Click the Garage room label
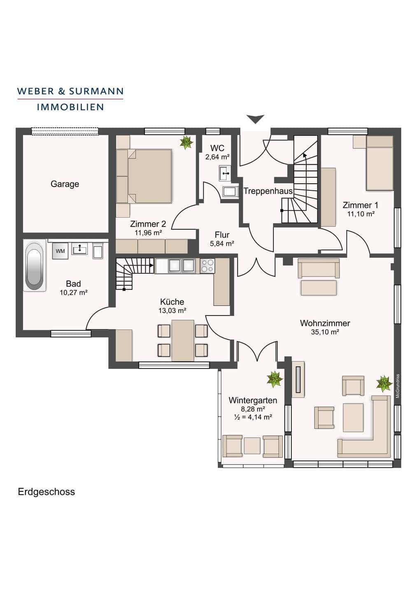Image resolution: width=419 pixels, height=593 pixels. pos(65,184)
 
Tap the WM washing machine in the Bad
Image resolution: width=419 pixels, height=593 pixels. pos(61,251)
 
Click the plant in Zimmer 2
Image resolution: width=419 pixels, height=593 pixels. pos(186,142)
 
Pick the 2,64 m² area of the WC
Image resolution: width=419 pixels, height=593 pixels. pos(217,157)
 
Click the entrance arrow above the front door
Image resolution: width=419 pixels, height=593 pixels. pos(255,119)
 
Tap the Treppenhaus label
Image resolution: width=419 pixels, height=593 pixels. pos(268,191)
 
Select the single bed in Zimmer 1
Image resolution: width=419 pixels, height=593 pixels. pos(379,163)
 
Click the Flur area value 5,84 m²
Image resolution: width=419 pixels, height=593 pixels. pos(222,243)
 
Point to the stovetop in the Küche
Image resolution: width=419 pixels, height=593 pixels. pos(207,266)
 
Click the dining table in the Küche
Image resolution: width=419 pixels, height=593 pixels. pos(183,341)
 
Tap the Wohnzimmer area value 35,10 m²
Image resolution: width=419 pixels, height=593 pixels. pos(325,332)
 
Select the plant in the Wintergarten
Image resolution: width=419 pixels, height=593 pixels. pos(275,379)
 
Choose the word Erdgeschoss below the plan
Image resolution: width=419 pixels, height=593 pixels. pos(46,492)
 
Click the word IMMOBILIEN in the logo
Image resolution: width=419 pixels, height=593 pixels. pos(70,107)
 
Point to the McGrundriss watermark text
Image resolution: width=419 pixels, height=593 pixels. pos(397,386)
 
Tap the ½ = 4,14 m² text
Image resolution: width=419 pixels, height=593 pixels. pos(253,417)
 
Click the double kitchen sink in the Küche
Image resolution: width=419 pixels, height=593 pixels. pos(182,266)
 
